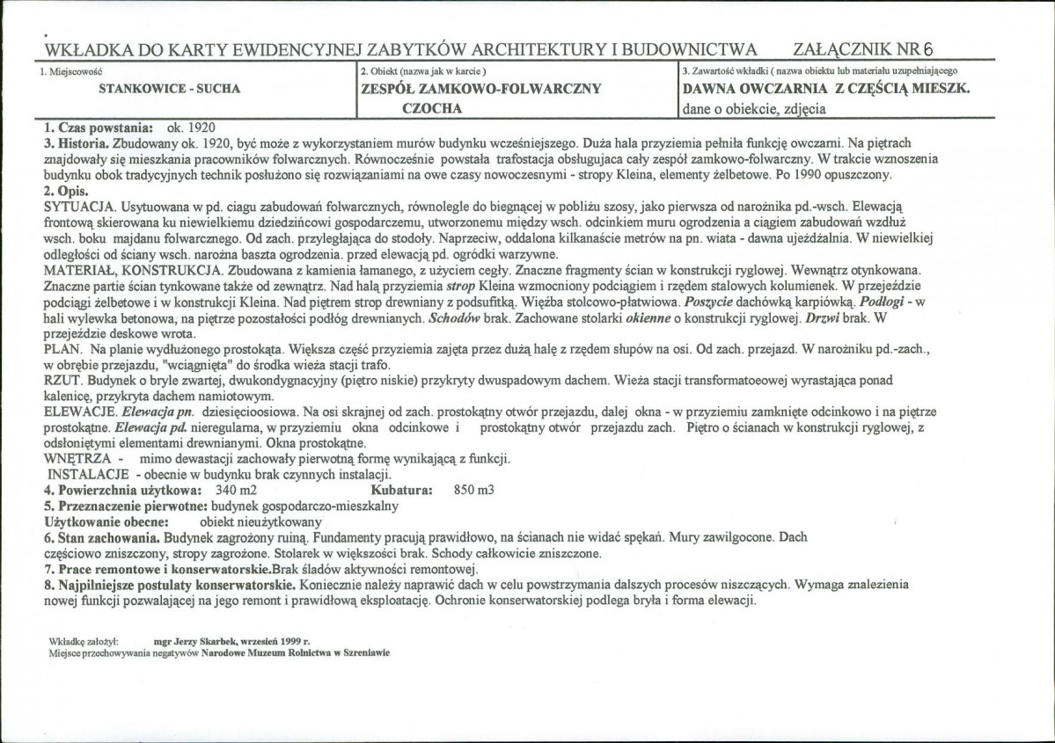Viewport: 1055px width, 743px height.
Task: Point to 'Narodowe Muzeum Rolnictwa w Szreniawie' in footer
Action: click(295, 653)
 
